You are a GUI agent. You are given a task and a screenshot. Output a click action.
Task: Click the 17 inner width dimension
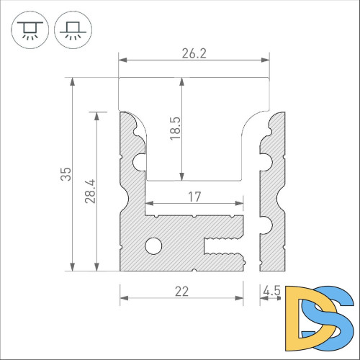[x=194, y=196]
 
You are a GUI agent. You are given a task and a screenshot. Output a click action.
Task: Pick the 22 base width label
[x=181, y=291]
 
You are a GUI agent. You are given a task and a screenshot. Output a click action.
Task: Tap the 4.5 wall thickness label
[x=272, y=291]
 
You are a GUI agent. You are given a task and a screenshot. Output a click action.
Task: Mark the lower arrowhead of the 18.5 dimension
[x=182, y=176]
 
